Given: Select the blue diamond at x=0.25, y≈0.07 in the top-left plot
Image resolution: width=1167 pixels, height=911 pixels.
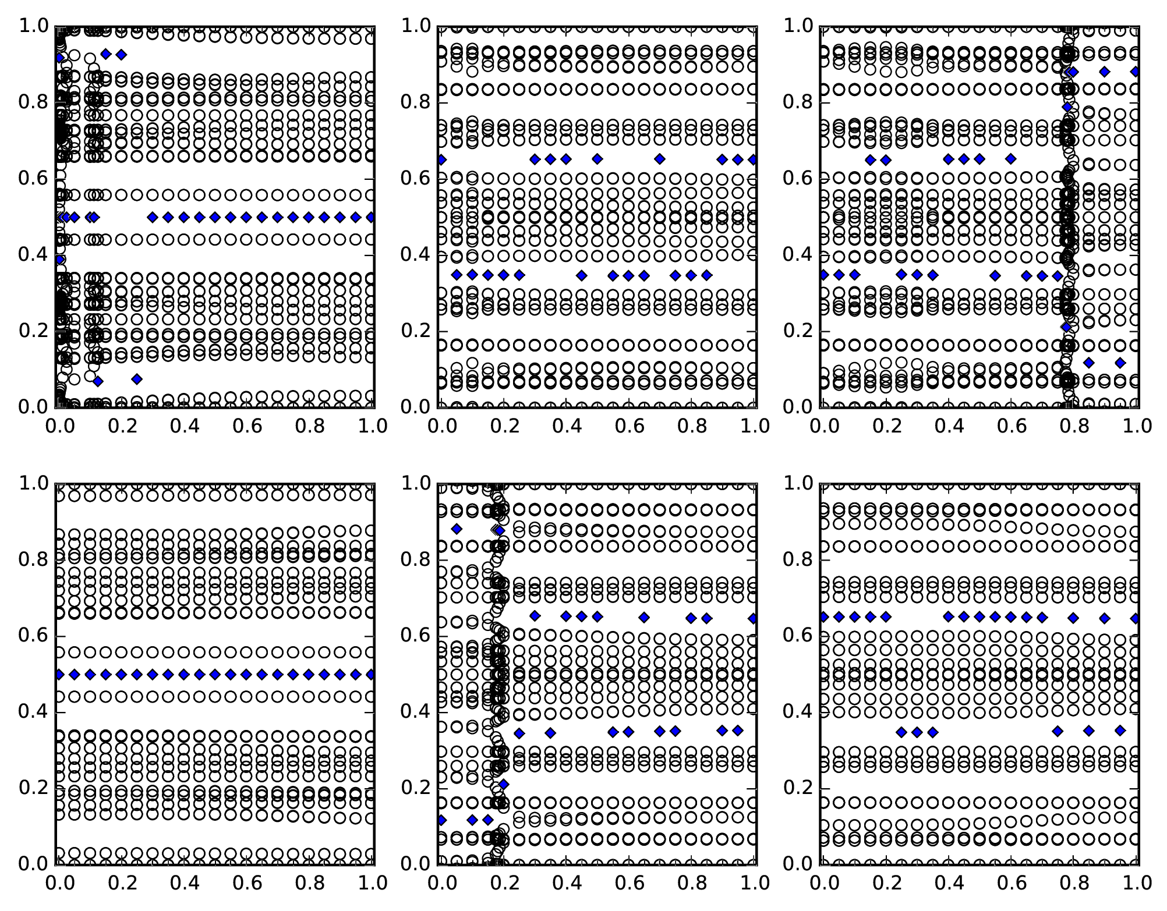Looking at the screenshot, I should pos(137,379).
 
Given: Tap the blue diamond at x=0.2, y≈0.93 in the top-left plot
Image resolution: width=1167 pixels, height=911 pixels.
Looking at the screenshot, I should pos(121,55).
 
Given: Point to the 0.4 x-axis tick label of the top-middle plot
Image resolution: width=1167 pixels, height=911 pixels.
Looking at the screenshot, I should pos(565,426).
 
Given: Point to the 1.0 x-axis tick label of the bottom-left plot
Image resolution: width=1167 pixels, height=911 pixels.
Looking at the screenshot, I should pos(372,883).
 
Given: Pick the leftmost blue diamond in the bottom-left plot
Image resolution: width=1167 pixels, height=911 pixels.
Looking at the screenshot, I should pos(59,674).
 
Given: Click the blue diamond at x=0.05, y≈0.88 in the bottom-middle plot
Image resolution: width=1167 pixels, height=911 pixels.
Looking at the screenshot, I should pos(457,529).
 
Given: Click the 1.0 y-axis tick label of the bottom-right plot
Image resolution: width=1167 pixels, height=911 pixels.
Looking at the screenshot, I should pos(797,483).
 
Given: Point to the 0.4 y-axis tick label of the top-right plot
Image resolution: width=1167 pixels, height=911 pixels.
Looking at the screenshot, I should pos(797,254).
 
